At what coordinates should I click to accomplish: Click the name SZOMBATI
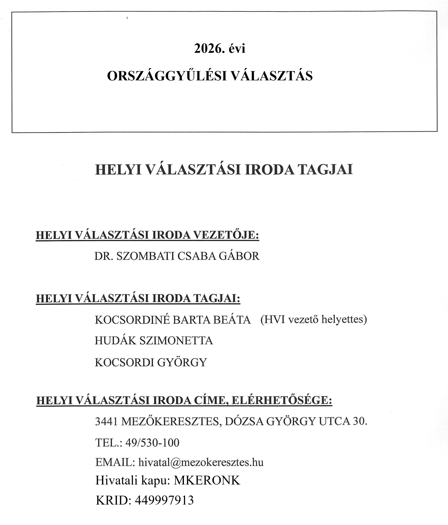point(145,256)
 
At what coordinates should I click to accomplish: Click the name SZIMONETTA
point(176,341)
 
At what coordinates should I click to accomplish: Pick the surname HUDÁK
point(115,341)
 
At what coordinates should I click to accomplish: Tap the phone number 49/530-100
point(152,443)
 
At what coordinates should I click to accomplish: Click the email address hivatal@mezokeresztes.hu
point(201,462)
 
